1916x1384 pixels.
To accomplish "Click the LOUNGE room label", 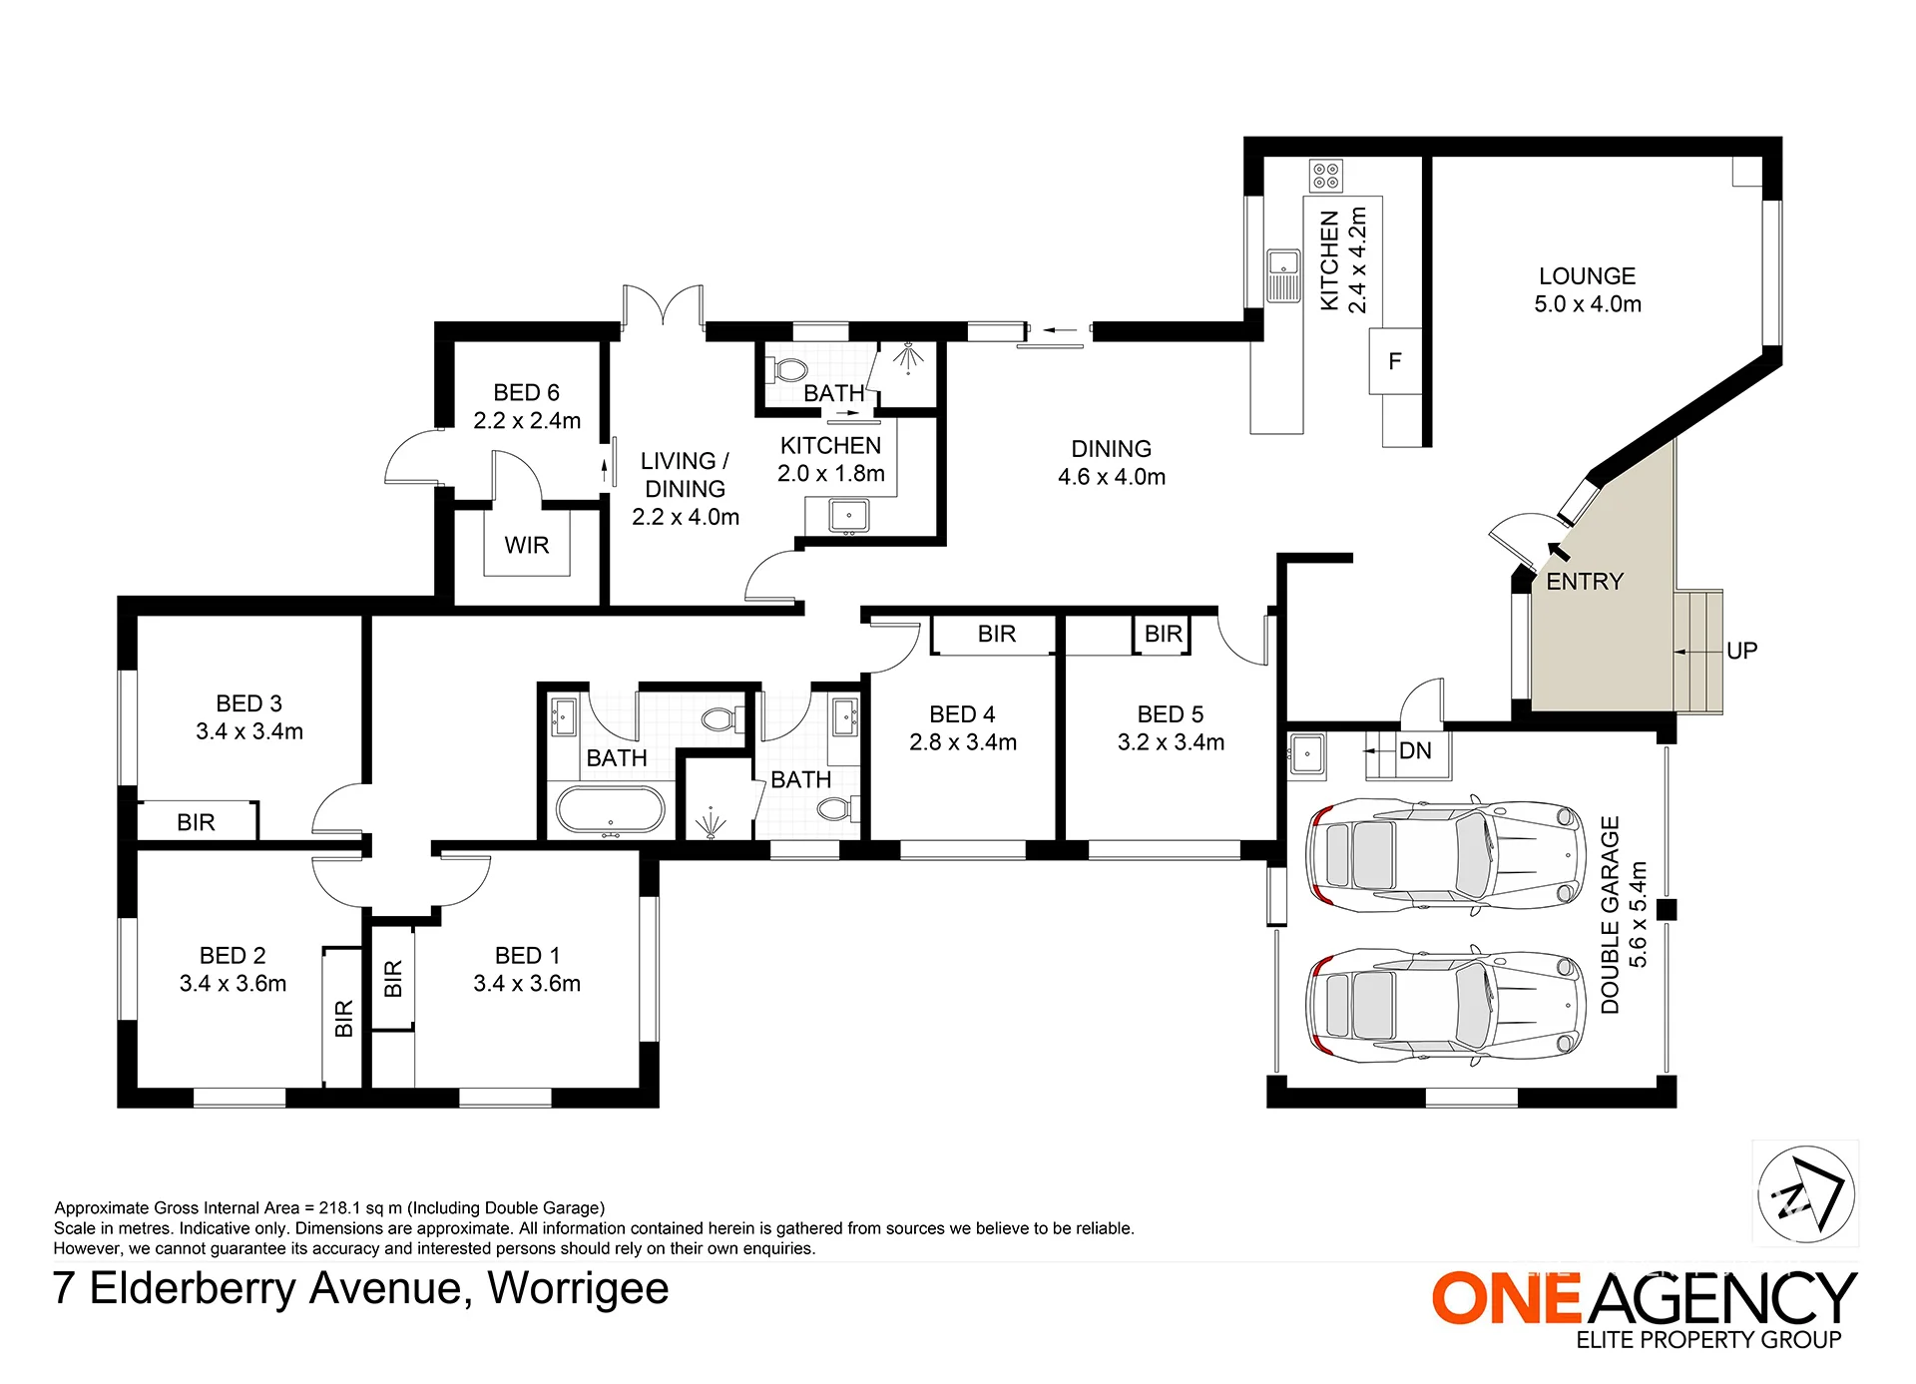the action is (x=1587, y=275).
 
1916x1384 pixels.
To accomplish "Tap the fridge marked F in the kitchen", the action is (x=1395, y=361).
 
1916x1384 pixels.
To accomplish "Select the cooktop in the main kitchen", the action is (x=1326, y=176).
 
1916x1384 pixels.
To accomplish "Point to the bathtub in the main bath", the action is (x=610, y=809).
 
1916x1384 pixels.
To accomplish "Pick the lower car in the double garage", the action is (x=1445, y=1005).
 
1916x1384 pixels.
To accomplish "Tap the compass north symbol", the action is (x=1806, y=1193).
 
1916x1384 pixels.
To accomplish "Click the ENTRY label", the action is (x=1585, y=581).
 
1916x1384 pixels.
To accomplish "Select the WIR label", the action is (x=527, y=545).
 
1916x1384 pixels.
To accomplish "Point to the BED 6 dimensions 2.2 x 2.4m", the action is (x=527, y=421).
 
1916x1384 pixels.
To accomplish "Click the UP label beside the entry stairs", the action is (x=1741, y=651).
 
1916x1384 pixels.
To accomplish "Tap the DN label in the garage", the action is (x=1415, y=750).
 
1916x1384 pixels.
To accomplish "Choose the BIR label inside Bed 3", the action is (x=196, y=822).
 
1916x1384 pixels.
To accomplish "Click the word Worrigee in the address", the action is (x=578, y=1288).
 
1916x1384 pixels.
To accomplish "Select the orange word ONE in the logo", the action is (x=1506, y=1298).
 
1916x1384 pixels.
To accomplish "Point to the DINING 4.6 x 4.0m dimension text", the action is (x=1112, y=477).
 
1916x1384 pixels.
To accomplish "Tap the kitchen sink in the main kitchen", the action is (x=1283, y=275).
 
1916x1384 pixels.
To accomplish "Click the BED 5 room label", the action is (x=1171, y=714).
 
